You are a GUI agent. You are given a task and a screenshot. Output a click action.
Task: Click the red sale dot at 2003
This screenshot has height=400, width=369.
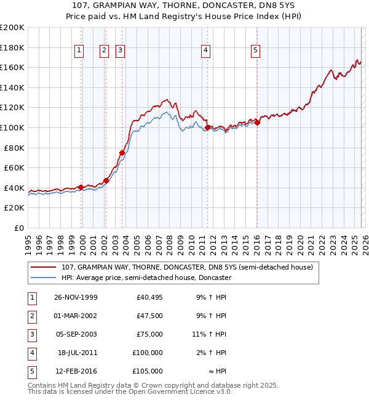coord(122,153)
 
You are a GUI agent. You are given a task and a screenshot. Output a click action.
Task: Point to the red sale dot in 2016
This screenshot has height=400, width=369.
coord(257,122)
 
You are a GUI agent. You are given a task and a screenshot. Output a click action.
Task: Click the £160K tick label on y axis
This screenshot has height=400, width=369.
coord(12,67)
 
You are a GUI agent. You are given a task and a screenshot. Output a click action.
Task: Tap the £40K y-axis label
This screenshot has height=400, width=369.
coord(14,188)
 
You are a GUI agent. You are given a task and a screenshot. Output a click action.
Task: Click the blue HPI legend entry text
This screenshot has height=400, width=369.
coord(146,278)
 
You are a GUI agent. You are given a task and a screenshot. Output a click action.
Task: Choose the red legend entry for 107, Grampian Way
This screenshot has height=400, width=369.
coord(187,267)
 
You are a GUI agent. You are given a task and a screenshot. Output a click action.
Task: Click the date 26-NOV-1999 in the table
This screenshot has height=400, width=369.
coord(76,297)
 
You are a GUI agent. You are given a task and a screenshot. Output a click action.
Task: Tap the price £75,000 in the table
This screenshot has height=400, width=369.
coord(149,334)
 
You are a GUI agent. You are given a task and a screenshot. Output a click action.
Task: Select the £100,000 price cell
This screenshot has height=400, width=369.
coord(148,353)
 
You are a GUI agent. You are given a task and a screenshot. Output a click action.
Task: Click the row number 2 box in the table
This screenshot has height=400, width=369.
coord(31,316)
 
